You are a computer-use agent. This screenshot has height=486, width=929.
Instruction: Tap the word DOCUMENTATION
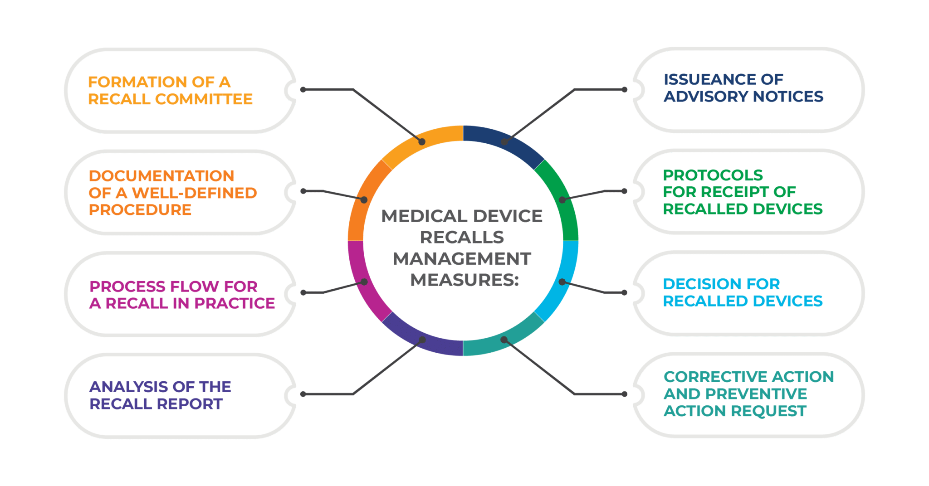[162, 176]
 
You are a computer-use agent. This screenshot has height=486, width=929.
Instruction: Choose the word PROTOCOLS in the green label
[713, 175]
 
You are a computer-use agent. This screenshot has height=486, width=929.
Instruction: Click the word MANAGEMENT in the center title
[462, 259]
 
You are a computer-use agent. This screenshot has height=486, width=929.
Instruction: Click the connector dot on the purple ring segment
[422, 340]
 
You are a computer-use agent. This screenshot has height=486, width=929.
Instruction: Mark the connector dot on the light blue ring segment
[562, 282]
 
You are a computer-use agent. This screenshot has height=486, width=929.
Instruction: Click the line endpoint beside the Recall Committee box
[303, 90]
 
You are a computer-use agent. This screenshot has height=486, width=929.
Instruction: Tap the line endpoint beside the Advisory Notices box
[625, 90]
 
